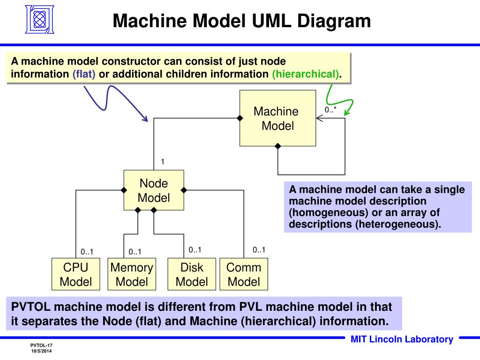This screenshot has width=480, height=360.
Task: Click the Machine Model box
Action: [277, 118]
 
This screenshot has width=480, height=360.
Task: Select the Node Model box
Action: [154, 190]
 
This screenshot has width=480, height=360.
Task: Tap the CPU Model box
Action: [75, 274]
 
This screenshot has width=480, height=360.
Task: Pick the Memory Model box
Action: [132, 274]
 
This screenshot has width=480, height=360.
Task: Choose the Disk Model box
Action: [192, 274]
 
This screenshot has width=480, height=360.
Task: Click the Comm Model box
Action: [244, 274]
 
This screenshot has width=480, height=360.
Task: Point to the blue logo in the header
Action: [39, 19]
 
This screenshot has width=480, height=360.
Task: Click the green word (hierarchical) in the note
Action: [306, 74]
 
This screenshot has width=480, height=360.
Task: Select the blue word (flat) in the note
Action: [84, 74]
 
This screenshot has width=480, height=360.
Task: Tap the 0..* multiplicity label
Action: [330, 110]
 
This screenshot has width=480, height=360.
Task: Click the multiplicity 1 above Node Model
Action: [163, 162]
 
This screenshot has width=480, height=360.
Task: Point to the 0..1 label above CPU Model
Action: [87, 252]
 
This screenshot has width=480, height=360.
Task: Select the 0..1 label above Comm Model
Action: [259, 250]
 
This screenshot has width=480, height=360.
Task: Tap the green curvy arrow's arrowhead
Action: [346, 112]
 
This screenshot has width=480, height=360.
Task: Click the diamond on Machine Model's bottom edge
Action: [277, 146]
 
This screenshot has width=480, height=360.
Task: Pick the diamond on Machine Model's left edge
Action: [240, 118]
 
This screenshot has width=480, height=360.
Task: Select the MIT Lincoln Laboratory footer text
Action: [402, 339]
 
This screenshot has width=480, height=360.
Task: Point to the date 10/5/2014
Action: [41, 351]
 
